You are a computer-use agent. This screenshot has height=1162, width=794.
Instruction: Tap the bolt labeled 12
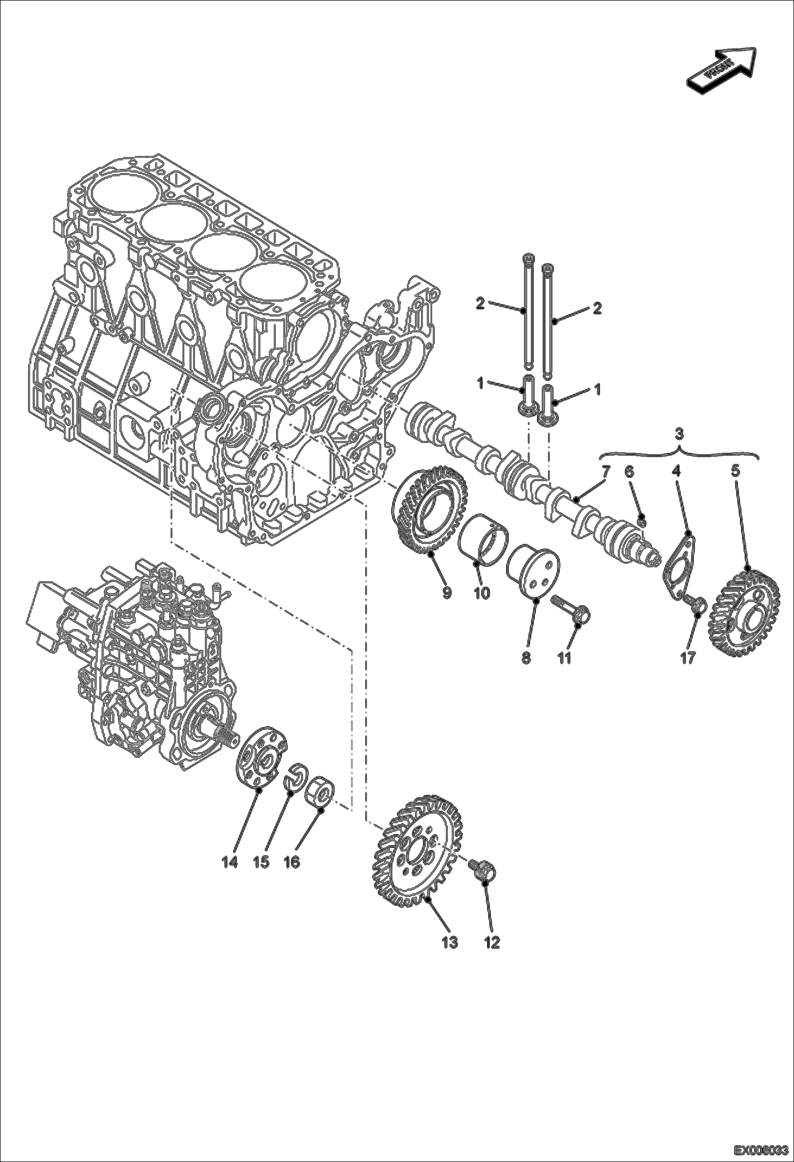click(x=483, y=870)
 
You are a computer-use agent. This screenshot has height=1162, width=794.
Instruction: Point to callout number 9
click(x=446, y=593)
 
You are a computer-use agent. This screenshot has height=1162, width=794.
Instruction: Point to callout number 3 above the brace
click(x=680, y=435)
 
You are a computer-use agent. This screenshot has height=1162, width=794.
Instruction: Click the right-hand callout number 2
click(x=597, y=308)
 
